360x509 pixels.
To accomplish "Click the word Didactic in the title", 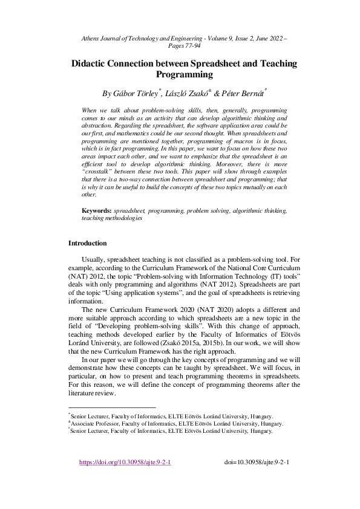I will [x=91, y=63].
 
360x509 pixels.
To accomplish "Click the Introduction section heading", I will [x=88, y=243].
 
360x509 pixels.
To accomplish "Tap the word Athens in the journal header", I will [x=93, y=38].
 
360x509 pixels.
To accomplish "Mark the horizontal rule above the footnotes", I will [x=112, y=407].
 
